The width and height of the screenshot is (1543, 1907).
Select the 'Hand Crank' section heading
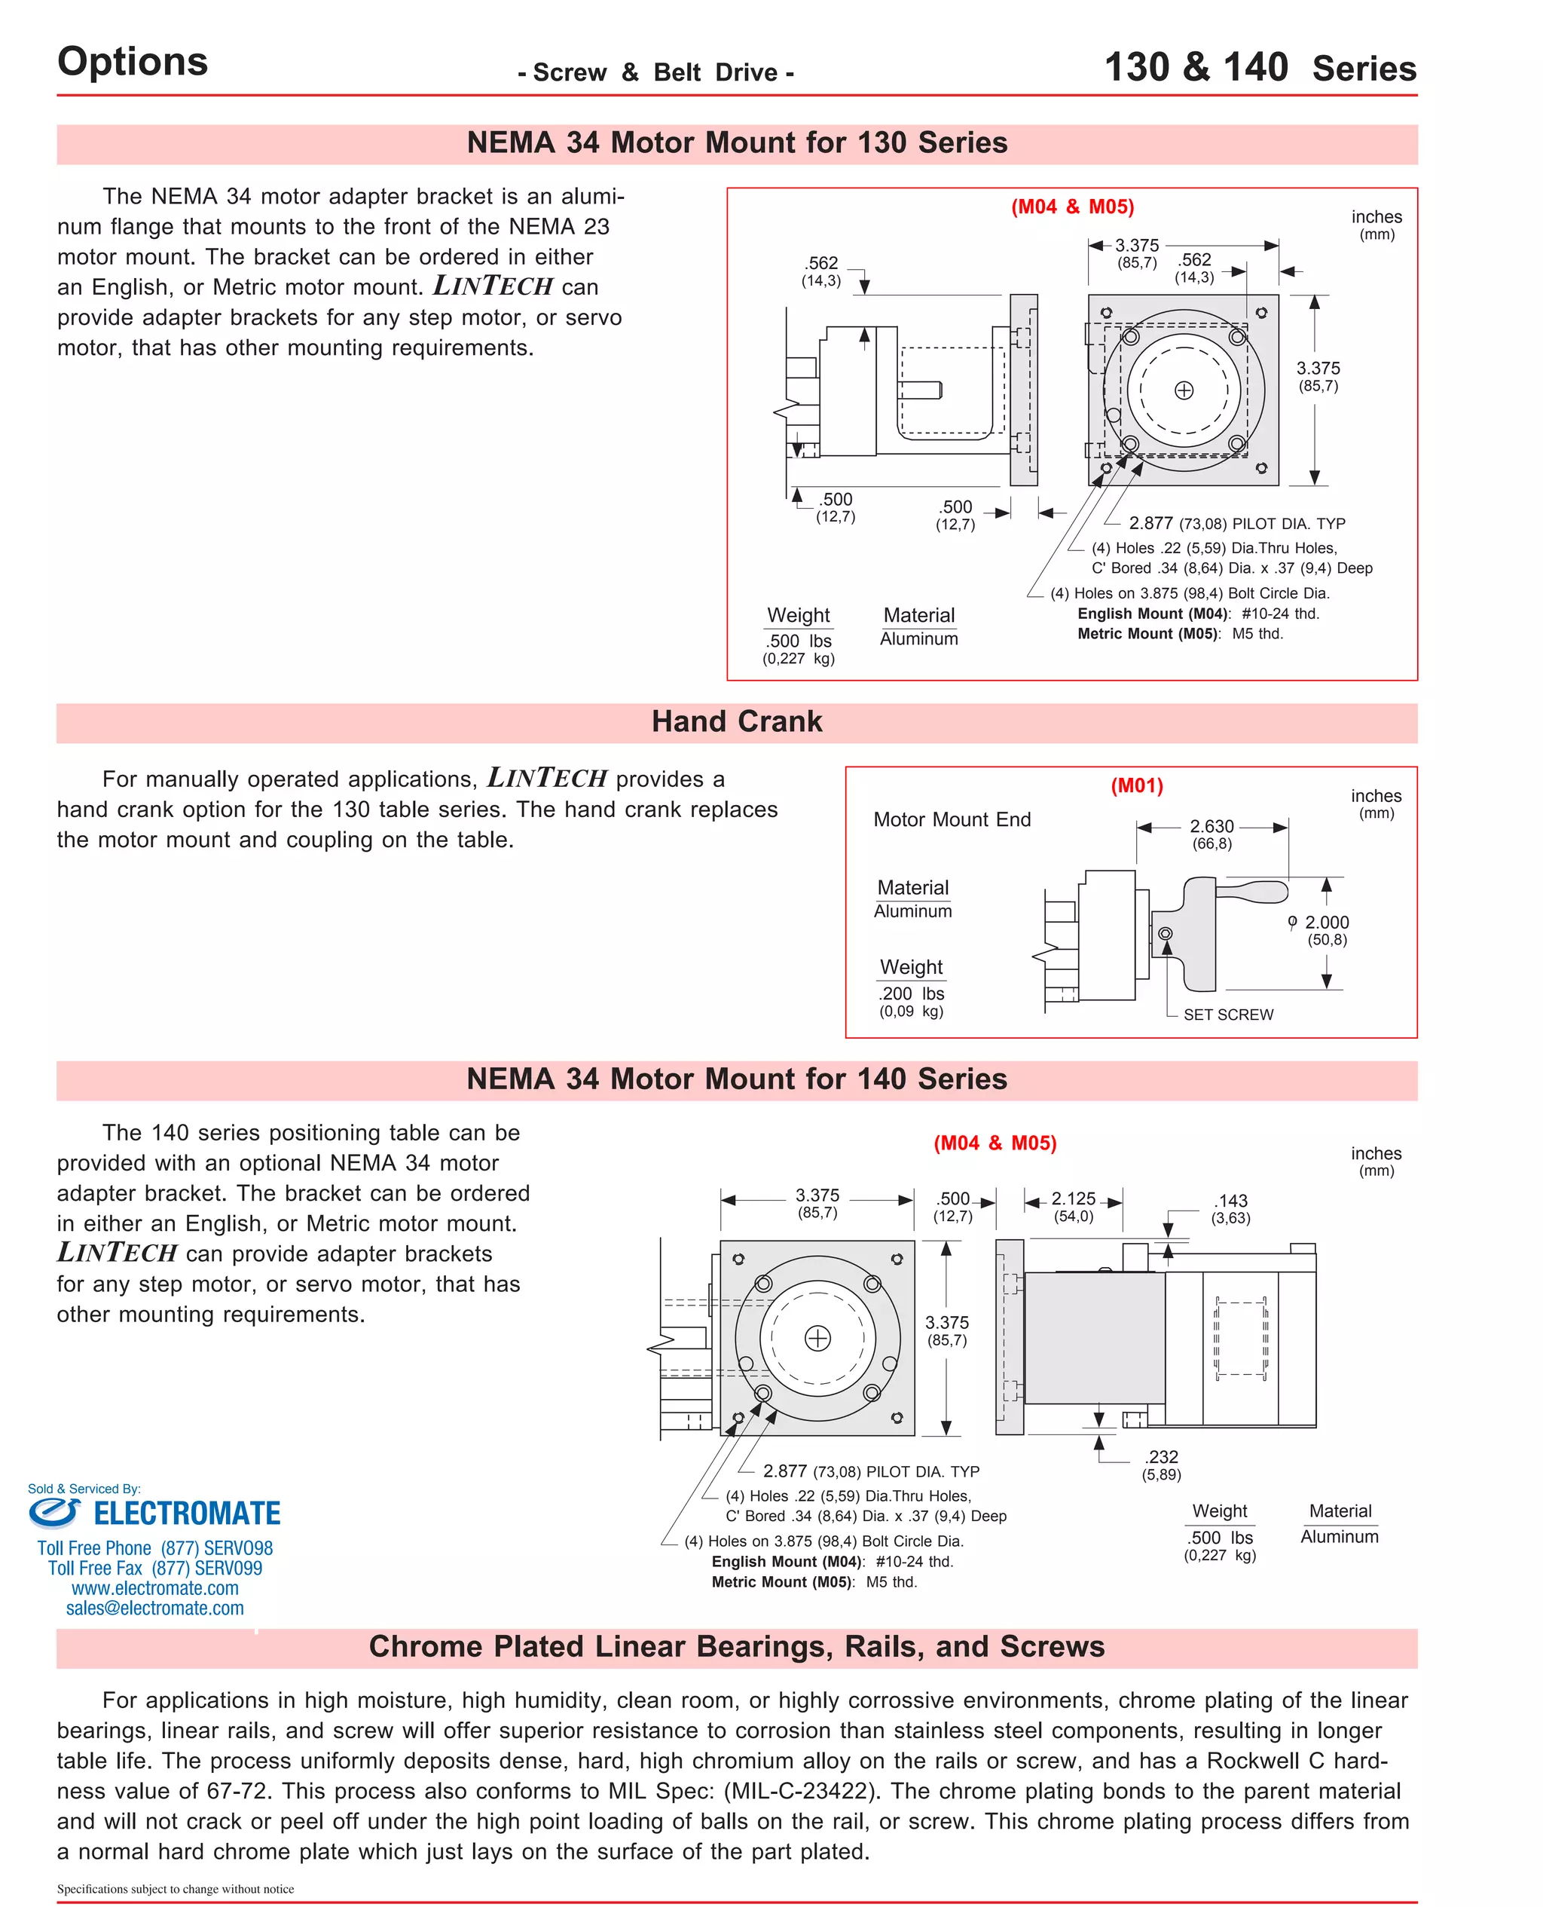tap(736, 721)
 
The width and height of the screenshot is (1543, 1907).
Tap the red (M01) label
tap(1136, 786)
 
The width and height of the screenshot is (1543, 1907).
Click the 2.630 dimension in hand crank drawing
tap(1211, 826)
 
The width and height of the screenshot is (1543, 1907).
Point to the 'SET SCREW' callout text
tap(1227, 1015)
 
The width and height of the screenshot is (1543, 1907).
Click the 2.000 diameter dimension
tap(1326, 923)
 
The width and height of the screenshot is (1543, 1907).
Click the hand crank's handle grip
tap(1253, 891)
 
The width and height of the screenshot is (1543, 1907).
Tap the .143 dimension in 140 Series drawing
tap(1231, 1201)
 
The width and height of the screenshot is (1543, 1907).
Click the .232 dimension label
tap(1161, 1457)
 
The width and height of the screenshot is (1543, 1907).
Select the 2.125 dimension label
tap(1073, 1198)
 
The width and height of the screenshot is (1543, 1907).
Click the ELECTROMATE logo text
tap(187, 1513)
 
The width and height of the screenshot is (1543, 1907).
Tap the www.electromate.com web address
tap(154, 1588)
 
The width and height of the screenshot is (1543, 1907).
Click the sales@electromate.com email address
tap(154, 1609)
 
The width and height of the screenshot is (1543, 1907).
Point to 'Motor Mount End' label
tap(952, 819)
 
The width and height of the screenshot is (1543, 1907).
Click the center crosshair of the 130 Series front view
tap(1183, 390)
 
